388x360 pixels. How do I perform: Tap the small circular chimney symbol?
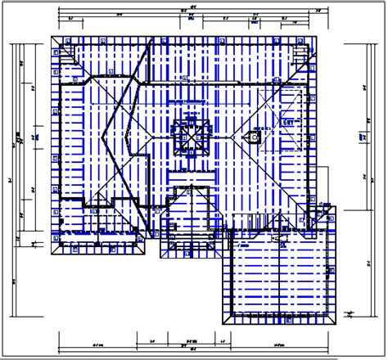[x=255, y=138]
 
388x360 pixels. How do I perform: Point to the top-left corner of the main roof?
[x=51, y=35]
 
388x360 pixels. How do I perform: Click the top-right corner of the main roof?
[x=315, y=35]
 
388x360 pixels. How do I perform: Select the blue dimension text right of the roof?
[x=361, y=137]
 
